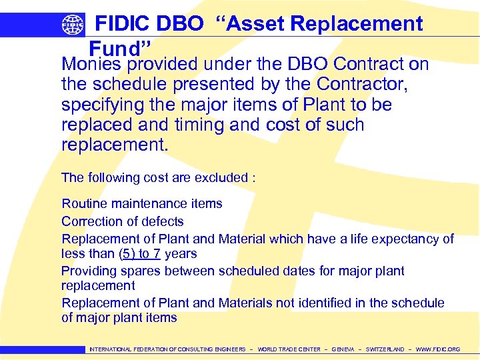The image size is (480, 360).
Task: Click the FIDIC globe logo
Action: click(73, 25)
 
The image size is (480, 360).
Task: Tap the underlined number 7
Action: click(157, 253)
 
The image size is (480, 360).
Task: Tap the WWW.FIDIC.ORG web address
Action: click(438, 349)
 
